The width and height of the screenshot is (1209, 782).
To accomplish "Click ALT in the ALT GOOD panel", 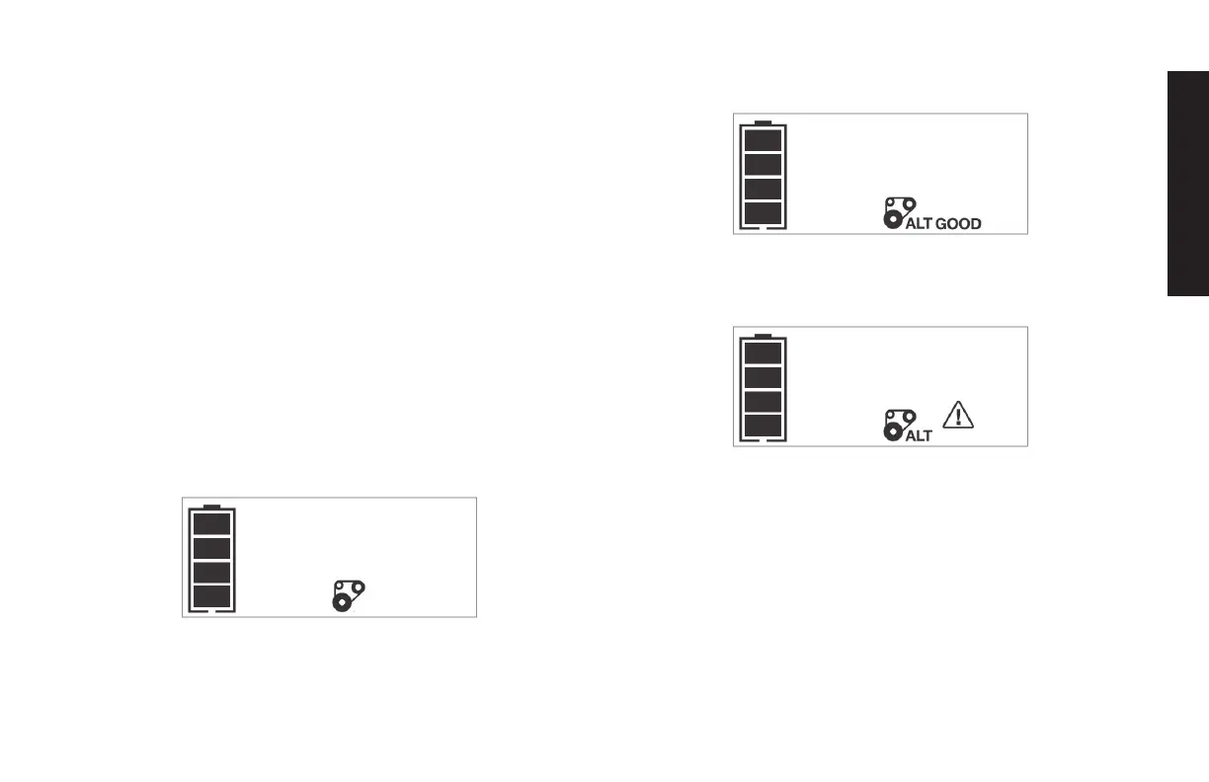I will [919, 224].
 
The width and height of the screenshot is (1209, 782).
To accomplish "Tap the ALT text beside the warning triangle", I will [919, 436].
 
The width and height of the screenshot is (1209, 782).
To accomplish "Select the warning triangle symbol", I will [958, 416].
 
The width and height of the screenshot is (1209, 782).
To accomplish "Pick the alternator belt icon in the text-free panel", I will [347, 596].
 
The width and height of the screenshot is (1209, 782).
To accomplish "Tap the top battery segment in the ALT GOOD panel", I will [762, 139].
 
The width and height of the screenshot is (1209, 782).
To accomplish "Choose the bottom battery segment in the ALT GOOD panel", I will [762, 213].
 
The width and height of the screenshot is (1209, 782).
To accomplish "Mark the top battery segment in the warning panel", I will [762, 352].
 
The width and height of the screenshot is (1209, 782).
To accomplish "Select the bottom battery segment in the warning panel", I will [762, 427].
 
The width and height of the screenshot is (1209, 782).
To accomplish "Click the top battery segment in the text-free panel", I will [210, 523].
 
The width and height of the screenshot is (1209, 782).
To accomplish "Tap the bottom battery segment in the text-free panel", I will [210, 596].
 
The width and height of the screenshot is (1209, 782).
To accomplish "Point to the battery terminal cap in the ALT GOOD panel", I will [762, 122].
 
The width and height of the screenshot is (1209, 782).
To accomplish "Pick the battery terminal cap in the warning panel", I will [762, 336].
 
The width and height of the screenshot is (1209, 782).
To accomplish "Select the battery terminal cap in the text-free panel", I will [210, 507].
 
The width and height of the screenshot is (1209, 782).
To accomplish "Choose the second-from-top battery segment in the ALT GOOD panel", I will [762, 164].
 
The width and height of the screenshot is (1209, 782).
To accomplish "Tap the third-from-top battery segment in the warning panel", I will [762, 402].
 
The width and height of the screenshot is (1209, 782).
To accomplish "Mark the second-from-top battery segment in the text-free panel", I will [210, 548].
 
